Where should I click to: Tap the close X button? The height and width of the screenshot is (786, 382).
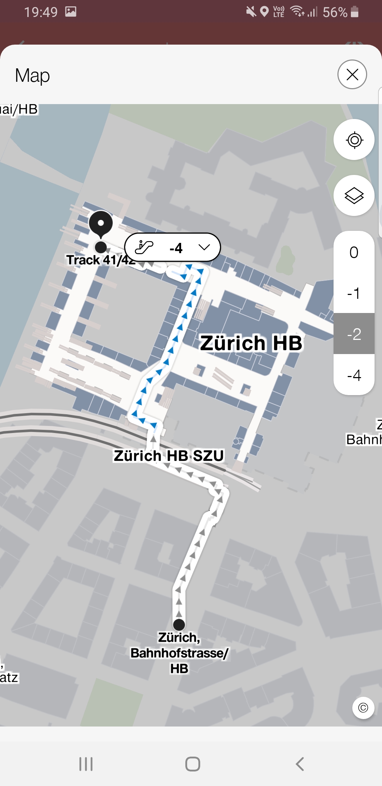(x=352, y=74)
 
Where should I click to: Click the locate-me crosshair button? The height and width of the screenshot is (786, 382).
(x=354, y=140)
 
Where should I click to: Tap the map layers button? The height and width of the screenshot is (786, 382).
(x=354, y=195)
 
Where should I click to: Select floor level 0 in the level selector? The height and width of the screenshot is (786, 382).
(x=354, y=252)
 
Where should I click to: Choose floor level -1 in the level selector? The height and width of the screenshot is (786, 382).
(x=354, y=293)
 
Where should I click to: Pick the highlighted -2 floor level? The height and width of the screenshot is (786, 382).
(x=354, y=334)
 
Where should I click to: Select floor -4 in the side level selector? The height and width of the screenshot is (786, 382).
(x=354, y=375)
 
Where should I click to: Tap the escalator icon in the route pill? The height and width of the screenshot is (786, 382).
(x=144, y=247)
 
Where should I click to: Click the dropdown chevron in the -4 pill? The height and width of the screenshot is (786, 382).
(x=204, y=247)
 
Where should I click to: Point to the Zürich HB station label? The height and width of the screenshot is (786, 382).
(x=251, y=343)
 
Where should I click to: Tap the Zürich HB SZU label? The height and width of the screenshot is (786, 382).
(x=169, y=456)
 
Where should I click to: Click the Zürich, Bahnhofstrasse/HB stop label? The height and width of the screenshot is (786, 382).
(x=179, y=653)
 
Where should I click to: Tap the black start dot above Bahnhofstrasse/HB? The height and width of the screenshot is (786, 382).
(x=179, y=624)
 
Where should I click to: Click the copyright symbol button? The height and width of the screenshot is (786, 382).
(x=363, y=708)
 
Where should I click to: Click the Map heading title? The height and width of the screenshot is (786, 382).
(x=33, y=75)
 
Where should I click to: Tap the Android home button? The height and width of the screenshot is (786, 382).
(x=193, y=764)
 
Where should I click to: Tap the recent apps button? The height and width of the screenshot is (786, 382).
(x=86, y=764)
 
